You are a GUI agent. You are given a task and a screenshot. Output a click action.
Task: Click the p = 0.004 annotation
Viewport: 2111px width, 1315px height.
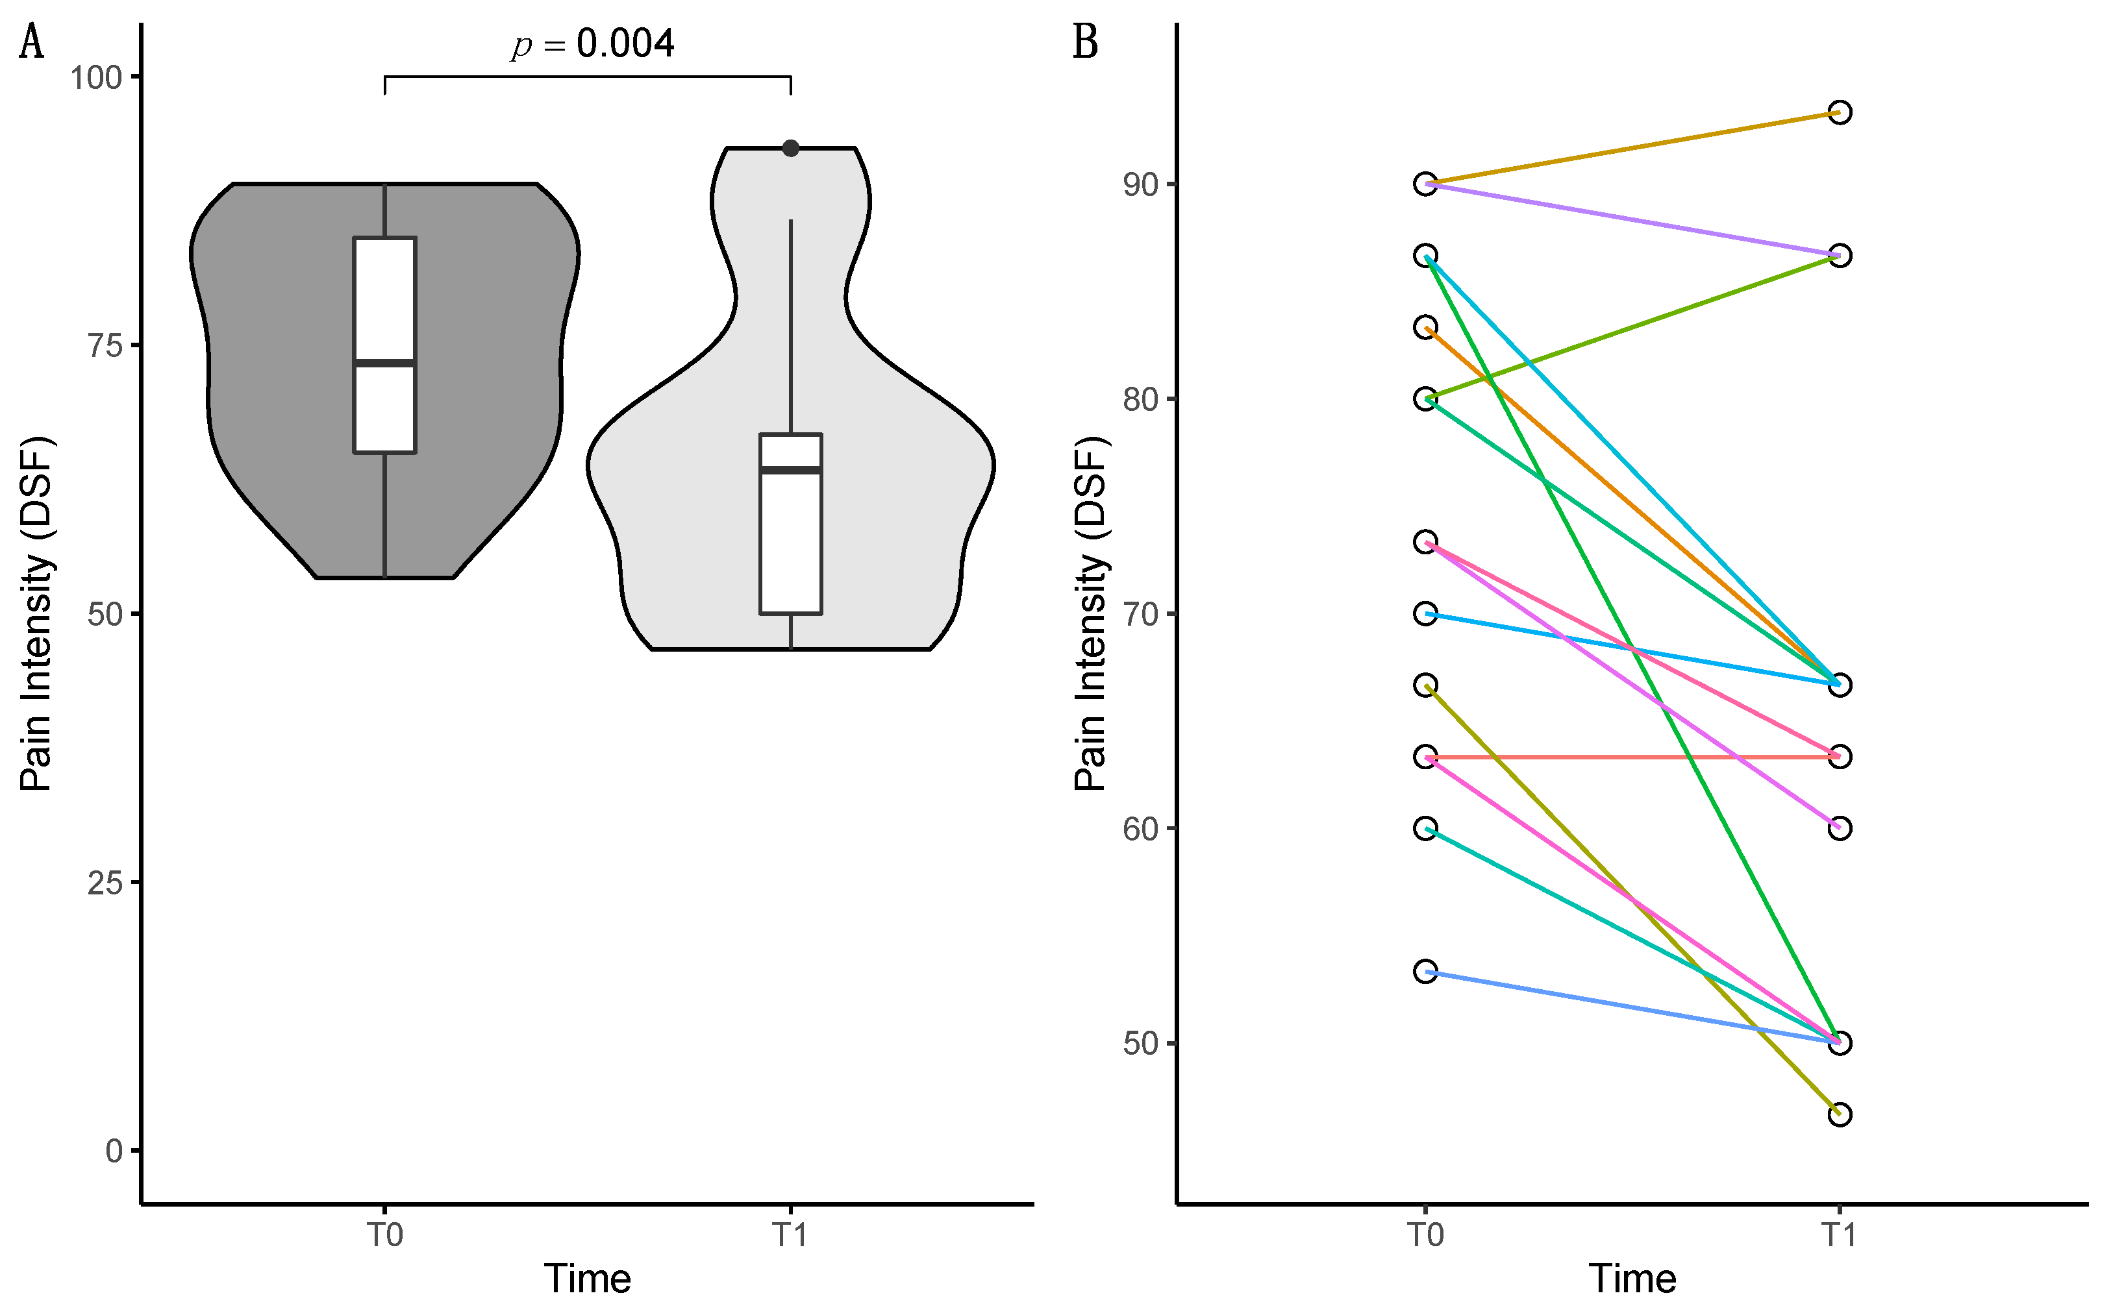point(592,44)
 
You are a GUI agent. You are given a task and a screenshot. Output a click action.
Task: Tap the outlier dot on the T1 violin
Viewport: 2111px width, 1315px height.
point(791,148)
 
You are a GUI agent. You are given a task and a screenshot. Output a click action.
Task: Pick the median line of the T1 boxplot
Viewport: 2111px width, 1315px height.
point(791,470)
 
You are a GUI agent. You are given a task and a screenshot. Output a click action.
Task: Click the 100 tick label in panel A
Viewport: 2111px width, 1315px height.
point(95,77)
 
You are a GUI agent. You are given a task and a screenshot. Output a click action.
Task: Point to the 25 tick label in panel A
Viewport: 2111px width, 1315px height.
point(105,883)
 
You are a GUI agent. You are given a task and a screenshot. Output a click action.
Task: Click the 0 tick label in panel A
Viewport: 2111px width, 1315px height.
point(114,1151)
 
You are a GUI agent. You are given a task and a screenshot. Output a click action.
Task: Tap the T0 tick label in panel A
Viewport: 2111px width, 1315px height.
point(384,1235)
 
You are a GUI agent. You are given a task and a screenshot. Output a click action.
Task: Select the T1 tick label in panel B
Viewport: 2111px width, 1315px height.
point(1839,1235)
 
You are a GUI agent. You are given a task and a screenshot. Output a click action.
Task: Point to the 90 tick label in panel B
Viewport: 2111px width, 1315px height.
point(1140,184)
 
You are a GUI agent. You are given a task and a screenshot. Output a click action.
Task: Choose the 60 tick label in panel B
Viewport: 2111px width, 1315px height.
point(1140,829)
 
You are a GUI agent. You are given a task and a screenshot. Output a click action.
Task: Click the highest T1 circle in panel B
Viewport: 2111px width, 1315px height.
point(1839,112)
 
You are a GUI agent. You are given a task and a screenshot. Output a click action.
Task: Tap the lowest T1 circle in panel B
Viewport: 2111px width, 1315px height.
point(1839,1114)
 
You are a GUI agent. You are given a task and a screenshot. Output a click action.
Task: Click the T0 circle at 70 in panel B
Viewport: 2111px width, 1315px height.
point(1425,614)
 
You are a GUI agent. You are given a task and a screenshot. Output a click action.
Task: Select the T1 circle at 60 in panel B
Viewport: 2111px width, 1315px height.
point(1839,828)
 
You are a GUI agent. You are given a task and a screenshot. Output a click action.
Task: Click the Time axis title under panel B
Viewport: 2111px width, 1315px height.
point(1632,1279)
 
